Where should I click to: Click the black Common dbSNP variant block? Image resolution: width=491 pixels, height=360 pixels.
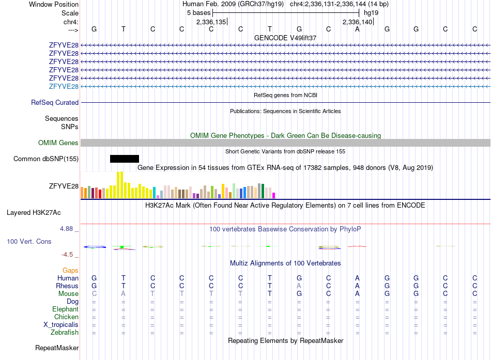click(x=125, y=159)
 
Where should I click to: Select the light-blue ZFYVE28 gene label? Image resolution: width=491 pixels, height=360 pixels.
click(x=64, y=86)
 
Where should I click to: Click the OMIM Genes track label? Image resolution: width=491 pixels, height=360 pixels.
click(x=58, y=143)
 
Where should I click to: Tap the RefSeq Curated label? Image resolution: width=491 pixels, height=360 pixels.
click(x=55, y=102)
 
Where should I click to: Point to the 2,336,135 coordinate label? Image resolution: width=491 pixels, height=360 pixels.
click(x=211, y=22)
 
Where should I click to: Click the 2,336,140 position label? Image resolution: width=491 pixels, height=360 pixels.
click(x=357, y=22)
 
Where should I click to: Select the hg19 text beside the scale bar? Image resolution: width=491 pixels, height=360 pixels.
click(x=371, y=13)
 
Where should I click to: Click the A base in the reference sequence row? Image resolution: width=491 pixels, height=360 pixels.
click(x=357, y=29)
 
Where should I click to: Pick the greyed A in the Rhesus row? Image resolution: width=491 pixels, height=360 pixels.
click(x=299, y=286)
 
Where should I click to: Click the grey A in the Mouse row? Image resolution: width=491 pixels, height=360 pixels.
click(x=124, y=294)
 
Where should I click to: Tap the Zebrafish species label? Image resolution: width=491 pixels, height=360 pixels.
click(x=65, y=332)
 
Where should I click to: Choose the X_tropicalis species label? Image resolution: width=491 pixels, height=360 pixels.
click(x=61, y=325)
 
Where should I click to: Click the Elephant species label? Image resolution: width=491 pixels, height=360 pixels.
click(x=65, y=309)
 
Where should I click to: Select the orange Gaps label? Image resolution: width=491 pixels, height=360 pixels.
click(x=70, y=270)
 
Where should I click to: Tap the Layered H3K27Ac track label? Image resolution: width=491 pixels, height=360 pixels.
click(x=34, y=213)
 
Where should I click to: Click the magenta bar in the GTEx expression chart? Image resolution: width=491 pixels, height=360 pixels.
click(x=274, y=196)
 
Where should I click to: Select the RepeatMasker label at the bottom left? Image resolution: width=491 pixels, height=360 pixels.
click(x=57, y=348)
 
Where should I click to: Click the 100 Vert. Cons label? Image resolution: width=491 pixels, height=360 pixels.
click(x=29, y=241)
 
